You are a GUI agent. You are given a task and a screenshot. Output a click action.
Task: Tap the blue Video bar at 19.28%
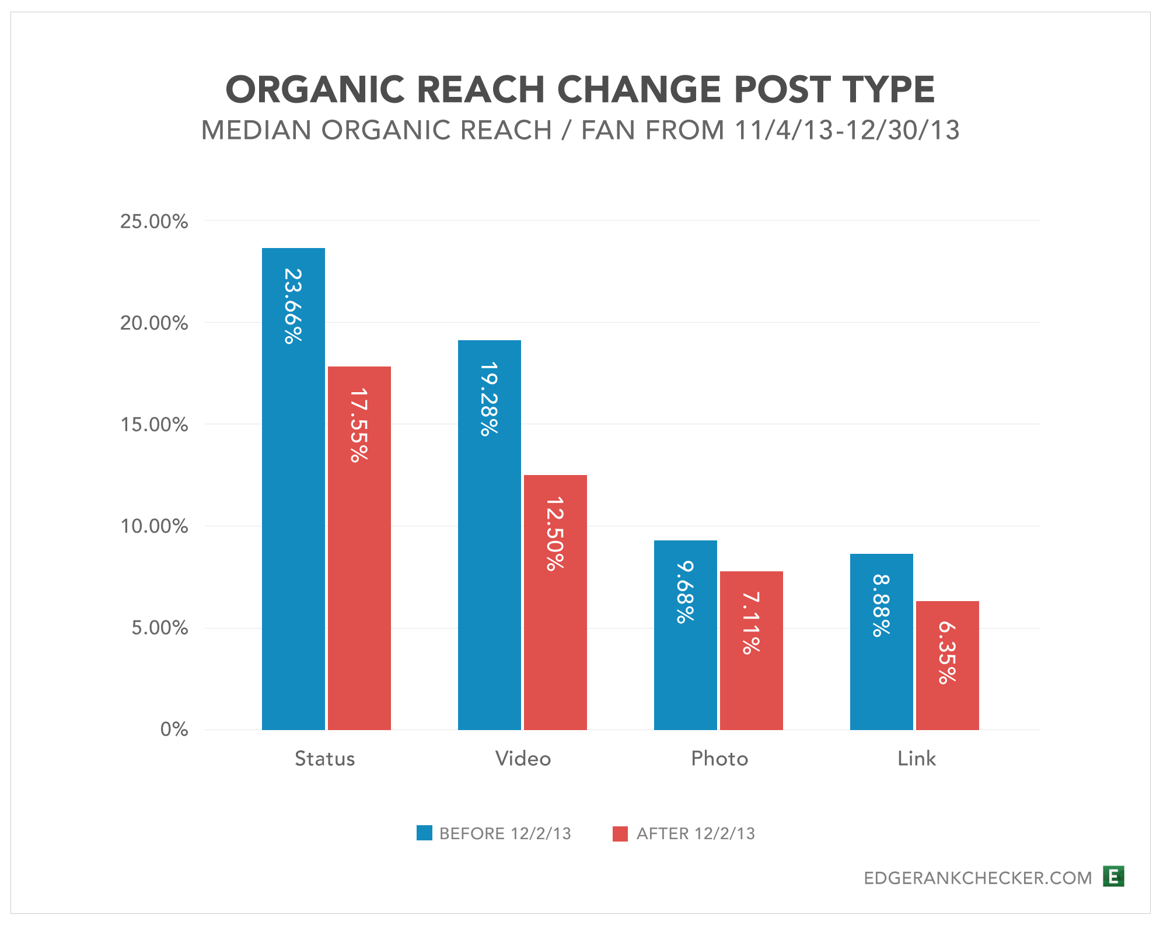(x=489, y=535)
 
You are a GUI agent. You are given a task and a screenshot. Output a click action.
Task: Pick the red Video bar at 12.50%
(x=555, y=602)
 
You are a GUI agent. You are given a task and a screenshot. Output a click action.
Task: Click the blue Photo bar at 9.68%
(x=685, y=634)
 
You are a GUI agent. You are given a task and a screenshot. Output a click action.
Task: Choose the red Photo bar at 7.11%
(x=751, y=650)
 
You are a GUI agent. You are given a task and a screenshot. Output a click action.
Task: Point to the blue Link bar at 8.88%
(x=881, y=641)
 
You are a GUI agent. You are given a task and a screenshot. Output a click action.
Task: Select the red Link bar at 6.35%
(x=947, y=665)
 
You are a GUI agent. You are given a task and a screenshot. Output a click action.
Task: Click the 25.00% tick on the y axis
(x=154, y=222)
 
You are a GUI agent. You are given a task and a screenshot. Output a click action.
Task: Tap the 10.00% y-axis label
(x=154, y=526)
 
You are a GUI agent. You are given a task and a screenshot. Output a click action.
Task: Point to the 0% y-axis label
(x=174, y=729)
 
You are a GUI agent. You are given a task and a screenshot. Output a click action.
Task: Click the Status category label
(x=324, y=759)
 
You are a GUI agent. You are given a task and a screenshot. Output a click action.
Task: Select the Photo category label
(x=719, y=759)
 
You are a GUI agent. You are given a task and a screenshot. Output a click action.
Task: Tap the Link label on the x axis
(x=916, y=759)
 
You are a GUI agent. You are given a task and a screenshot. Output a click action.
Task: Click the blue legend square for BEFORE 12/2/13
(x=424, y=833)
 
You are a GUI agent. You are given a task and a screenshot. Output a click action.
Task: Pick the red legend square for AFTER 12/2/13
(x=620, y=833)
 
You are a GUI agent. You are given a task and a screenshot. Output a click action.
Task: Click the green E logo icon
(x=1113, y=877)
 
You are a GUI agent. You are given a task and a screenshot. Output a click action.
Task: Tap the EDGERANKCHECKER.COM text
(x=977, y=878)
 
